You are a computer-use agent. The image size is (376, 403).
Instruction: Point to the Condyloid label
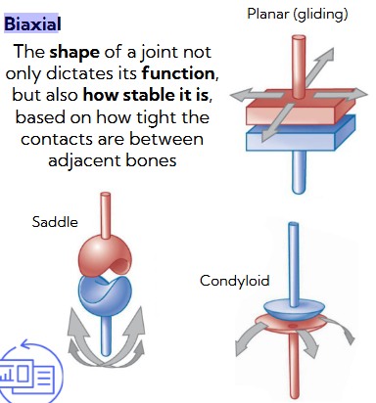coord(234,281)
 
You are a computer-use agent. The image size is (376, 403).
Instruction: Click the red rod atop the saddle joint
coord(106,211)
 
